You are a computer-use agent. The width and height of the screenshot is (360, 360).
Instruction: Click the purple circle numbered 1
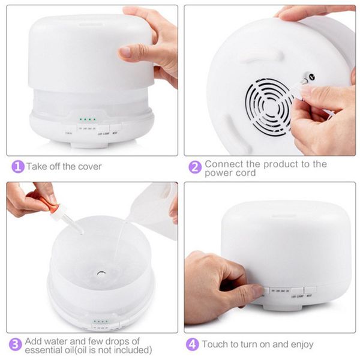pos(18,166)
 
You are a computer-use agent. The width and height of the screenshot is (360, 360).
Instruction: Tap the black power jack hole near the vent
pos(311,77)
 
